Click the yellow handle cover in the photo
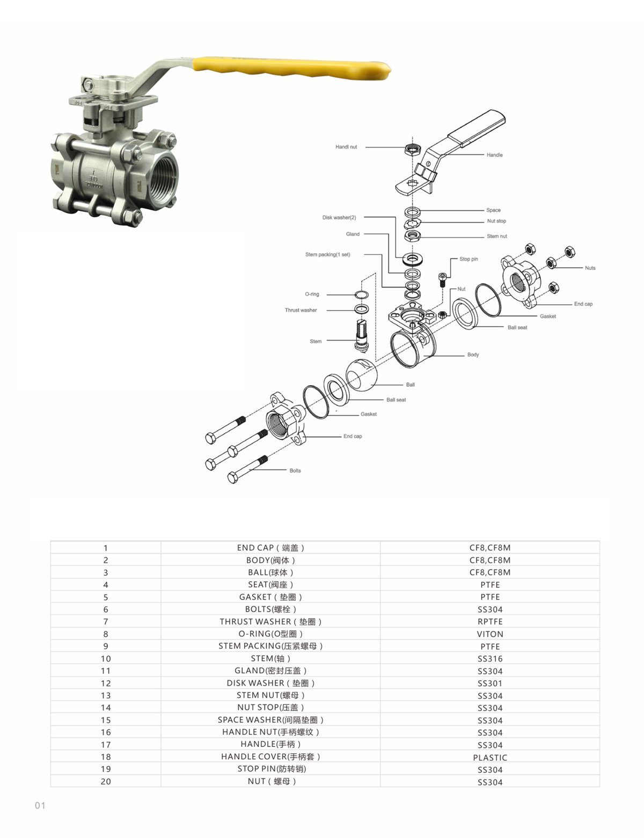pyautogui.click(x=291, y=69)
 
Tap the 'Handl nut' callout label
pyautogui.click(x=346, y=147)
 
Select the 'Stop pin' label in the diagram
pyautogui.click(x=469, y=259)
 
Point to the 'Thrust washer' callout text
pyautogui.click(x=301, y=310)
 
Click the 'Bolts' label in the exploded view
pyautogui.click(x=295, y=471)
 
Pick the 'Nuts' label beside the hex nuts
pyautogui.click(x=590, y=268)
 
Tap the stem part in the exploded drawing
pyautogui.click(x=362, y=335)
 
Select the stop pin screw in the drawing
pyautogui.click(x=442, y=280)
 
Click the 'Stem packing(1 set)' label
pyautogui.click(x=328, y=254)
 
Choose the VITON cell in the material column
pyautogui.click(x=490, y=634)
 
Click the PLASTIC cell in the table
pyautogui.click(x=490, y=758)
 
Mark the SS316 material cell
pyautogui.click(x=490, y=659)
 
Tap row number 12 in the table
pyautogui.click(x=106, y=683)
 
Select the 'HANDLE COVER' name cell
pyautogui.click(x=270, y=756)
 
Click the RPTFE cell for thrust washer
pyautogui.click(x=490, y=622)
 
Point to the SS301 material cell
pyautogui.click(x=490, y=683)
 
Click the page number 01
pyautogui.click(x=40, y=806)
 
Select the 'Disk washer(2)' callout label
pyautogui.click(x=339, y=217)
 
